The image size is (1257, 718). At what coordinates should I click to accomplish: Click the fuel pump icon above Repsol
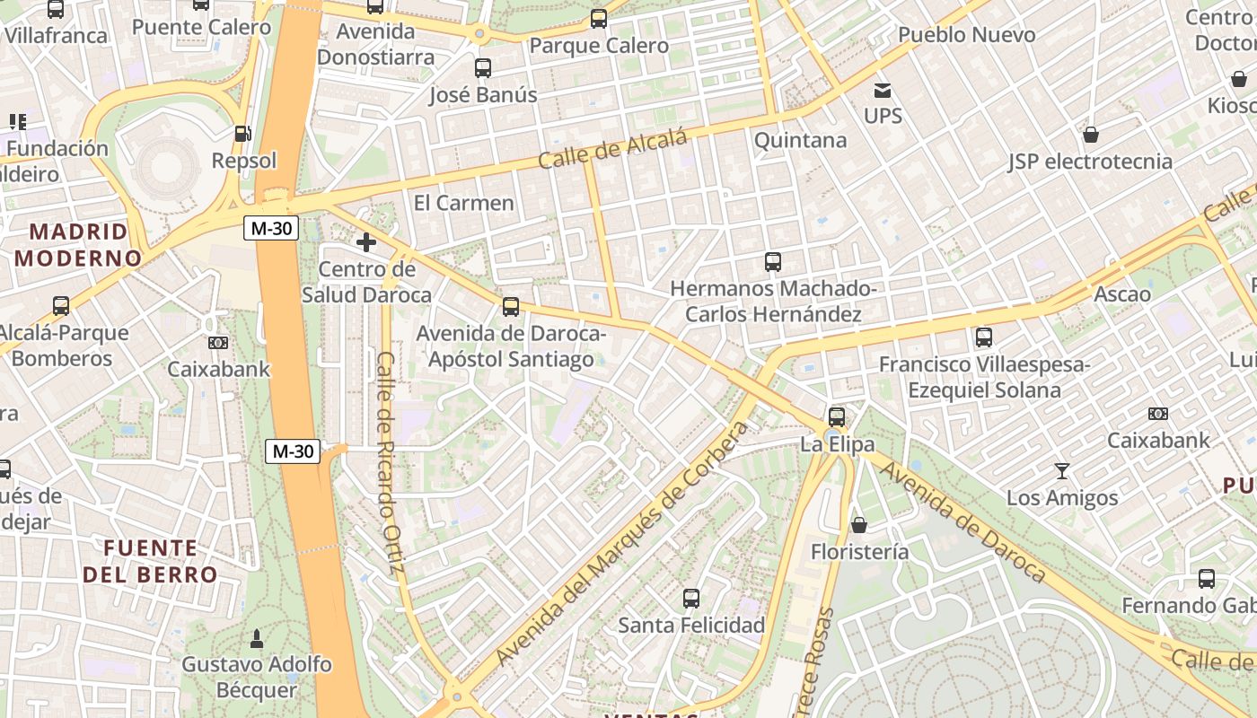coord(242,134)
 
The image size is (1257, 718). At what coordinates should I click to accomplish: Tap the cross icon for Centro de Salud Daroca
coord(366,242)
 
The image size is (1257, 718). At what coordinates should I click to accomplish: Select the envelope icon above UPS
coord(883,90)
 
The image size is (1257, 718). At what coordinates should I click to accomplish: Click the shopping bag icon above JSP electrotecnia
coord(1091,135)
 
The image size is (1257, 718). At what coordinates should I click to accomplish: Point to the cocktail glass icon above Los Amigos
coord(1062,471)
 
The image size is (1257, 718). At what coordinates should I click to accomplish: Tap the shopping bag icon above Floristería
coord(859,525)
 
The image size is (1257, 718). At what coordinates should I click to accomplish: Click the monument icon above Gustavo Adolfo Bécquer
coord(256,638)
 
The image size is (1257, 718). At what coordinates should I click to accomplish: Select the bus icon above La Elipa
coord(837,416)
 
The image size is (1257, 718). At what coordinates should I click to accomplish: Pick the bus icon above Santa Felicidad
coord(690,598)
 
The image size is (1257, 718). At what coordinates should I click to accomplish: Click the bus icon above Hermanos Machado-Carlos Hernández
coord(773,262)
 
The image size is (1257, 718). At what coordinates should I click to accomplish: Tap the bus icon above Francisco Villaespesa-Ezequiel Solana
coord(984,337)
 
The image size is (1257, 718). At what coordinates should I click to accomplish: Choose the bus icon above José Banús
coord(483,67)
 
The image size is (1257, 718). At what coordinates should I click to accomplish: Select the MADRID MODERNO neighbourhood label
coord(78,245)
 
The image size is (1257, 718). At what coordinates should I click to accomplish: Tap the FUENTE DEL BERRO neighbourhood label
coord(150,561)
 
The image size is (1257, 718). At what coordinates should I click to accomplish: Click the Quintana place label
coord(800,140)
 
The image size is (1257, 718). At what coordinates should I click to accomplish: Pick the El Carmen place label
coord(463,203)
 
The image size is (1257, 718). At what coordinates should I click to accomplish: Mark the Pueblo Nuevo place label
coord(966,35)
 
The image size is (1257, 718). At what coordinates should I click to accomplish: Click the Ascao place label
coord(1122,294)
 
